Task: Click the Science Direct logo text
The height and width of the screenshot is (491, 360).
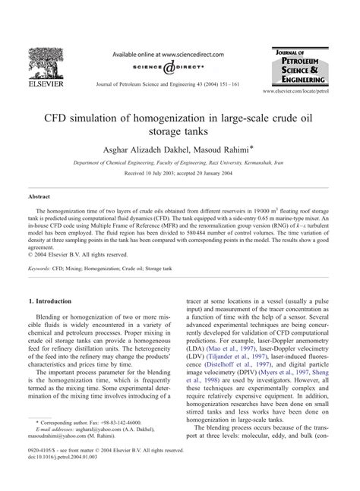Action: (163, 68)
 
